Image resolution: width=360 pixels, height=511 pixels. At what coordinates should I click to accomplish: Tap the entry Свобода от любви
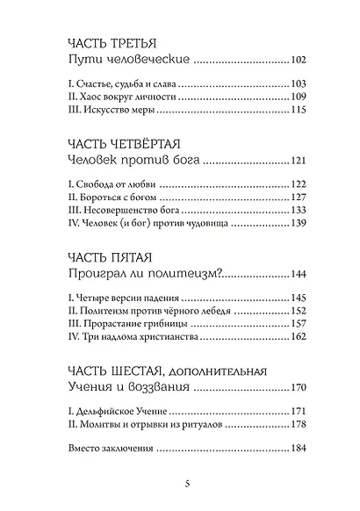(110, 184)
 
